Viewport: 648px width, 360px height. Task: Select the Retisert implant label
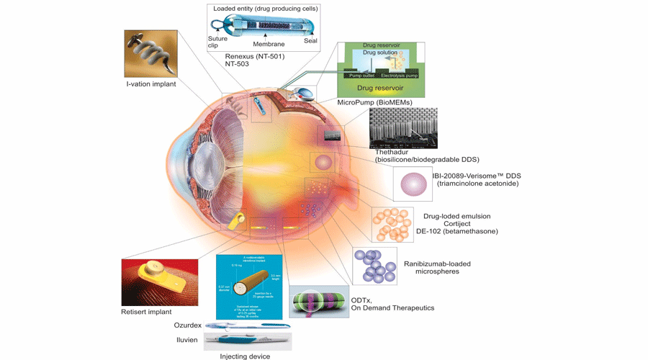click(147, 311)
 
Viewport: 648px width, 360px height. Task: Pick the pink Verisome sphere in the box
click(413, 184)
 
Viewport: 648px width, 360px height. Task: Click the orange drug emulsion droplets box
click(392, 224)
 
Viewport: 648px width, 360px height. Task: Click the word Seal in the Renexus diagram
click(310, 42)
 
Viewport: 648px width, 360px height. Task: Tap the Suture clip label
click(218, 42)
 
